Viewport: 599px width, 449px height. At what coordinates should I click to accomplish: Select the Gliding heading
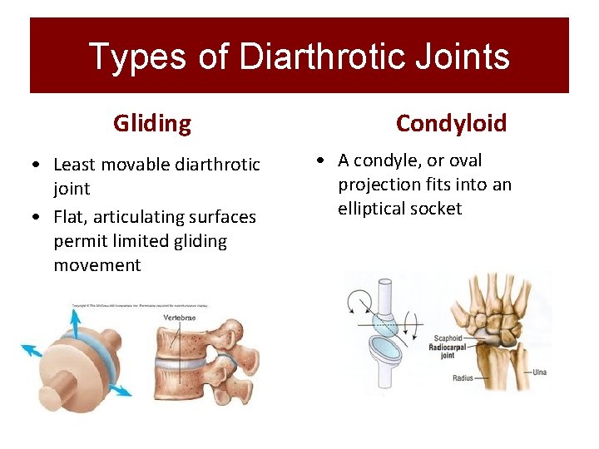tap(152, 124)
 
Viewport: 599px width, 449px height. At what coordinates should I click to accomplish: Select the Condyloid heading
tap(451, 124)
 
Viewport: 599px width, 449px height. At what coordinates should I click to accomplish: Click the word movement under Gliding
tap(97, 265)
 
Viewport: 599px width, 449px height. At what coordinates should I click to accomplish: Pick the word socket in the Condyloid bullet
tap(439, 209)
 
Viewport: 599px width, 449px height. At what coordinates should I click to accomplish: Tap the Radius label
tap(463, 378)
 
